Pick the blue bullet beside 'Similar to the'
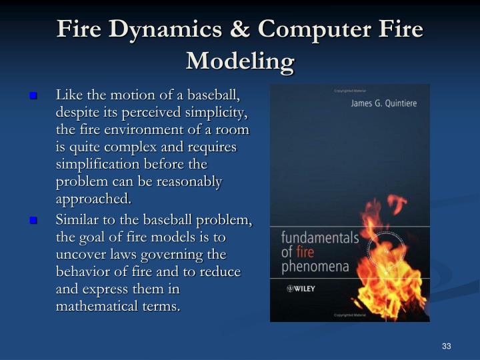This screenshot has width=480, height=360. coord(32,220)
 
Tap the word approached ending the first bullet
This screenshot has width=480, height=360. coord(93,199)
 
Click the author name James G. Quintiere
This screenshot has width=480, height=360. coord(381,104)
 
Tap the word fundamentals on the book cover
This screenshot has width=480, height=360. coord(319,238)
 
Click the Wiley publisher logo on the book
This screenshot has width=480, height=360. coord(301,289)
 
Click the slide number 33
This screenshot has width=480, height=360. coord(447,346)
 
